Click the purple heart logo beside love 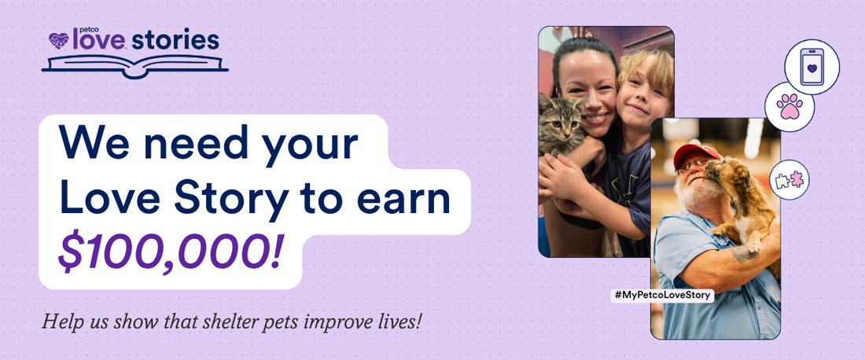tap(59, 40)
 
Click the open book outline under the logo tap(135, 65)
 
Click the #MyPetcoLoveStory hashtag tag tap(662, 295)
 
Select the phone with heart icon tap(812, 67)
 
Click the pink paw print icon tap(790, 106)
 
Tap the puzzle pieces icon tap(789, 180)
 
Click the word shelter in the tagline tap(209, 321)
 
